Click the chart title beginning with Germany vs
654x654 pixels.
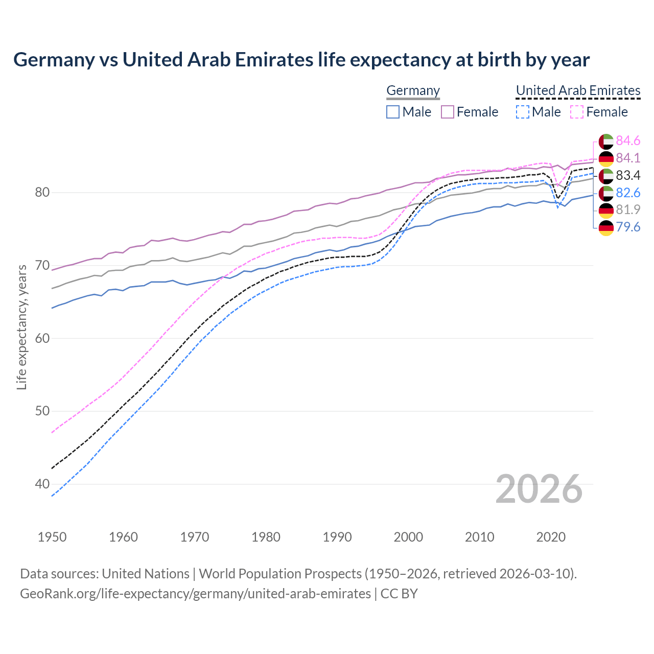point(301,60)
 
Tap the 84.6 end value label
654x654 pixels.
point(628,141)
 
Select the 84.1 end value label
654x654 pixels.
point(628,158)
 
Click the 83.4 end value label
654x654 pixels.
point(628,175)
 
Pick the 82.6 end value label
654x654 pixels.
point(628,193)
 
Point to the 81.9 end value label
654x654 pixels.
point(628,209)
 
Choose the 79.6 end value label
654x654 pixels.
point(628,227)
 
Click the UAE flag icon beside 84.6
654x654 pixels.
point(606,141)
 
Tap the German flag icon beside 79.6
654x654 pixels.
point(606,227)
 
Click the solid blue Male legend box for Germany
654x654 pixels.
point(393,112)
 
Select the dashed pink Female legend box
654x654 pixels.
point(577,112)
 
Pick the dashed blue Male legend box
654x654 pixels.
point(522,112)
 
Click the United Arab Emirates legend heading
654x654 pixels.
point(578,90)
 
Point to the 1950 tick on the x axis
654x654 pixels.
point(52,537)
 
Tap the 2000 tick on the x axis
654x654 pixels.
point(408,537)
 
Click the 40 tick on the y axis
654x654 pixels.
point(42,484)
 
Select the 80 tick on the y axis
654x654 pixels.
point(42,193)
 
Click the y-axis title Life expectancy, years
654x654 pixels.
point(22,327)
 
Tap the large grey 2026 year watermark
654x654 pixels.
point(539,489)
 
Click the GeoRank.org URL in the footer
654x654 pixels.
point(195,593)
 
